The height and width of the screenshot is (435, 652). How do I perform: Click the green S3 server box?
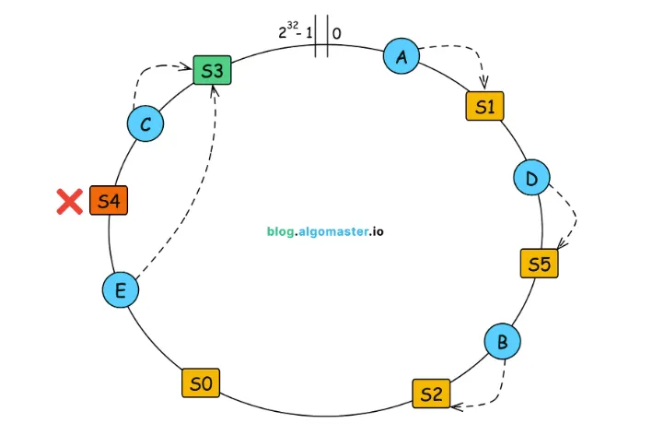[212, 69]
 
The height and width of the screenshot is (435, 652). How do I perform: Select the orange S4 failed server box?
[108, 201]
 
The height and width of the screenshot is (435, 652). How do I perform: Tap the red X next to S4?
[69, 201]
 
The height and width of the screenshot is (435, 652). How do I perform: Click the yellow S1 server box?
[485, 107]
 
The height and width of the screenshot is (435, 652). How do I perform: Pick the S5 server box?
[540, 265]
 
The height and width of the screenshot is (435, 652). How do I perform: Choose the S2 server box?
[431, 394]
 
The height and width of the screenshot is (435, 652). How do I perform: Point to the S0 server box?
[201, 382]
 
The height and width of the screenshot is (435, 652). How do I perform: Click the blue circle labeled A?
[401, 56]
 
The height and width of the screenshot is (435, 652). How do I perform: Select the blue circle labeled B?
[502, 343]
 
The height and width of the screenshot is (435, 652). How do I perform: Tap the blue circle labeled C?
[145, 124]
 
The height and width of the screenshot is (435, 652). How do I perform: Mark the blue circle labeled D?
[531, 177]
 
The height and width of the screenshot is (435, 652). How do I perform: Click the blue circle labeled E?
[120, 290]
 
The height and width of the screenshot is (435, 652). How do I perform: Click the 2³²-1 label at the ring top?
[294, 32]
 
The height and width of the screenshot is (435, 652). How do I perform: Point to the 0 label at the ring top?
[336, 33]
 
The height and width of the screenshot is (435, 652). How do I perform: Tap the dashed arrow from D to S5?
[571, 217]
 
